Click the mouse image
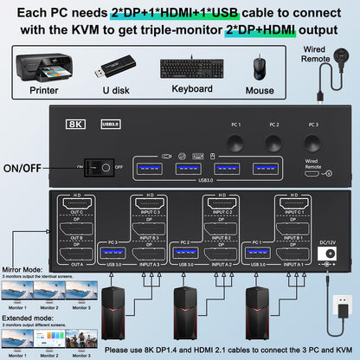click(x=260, y=70)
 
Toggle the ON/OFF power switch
click(x=106, y=168)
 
